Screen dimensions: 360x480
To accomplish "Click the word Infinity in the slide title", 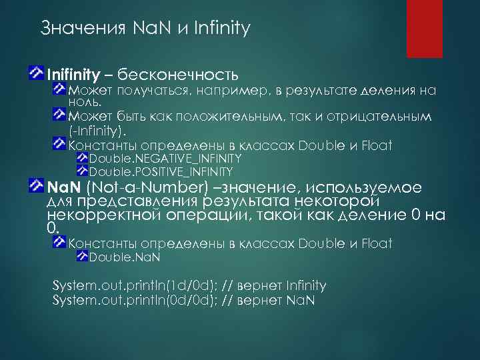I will pyautogui.click(x=222, y=29).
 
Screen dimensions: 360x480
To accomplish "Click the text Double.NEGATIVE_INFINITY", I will pyautogui.click(x=165, y=159).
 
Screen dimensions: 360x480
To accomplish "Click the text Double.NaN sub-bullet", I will pyautogui.click(x=125, y=257).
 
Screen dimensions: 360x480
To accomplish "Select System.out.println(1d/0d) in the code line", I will pyautogui.click(x=121, y=286).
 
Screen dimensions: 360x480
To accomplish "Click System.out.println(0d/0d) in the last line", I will pyautogui.click(x=121, y=299).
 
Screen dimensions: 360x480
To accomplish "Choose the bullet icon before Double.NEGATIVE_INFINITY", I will pyautogui.click(x=82, y=158).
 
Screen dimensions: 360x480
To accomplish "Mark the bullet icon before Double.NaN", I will pyautogui.click(x=82, y=256).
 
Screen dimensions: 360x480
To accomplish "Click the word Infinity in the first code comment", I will pyautogui.click(x=305, y=286).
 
